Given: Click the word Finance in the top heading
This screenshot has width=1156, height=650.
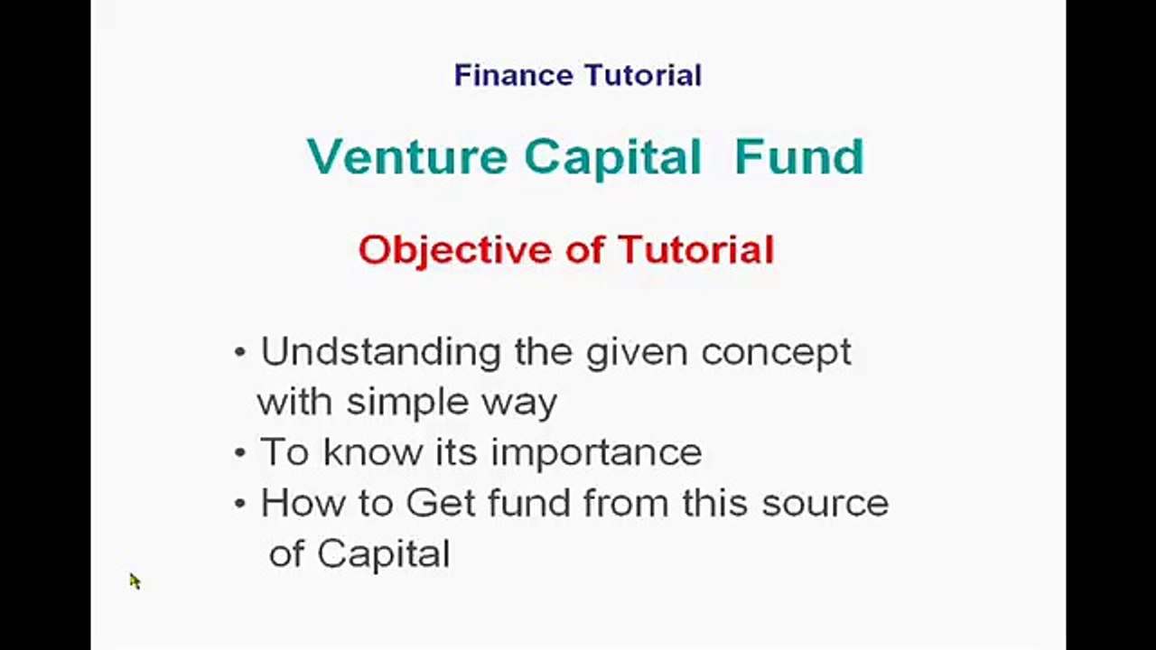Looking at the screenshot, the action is (514, 75).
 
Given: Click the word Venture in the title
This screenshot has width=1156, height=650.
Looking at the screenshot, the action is (407, 157).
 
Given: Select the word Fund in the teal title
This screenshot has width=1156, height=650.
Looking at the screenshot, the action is (799, 157).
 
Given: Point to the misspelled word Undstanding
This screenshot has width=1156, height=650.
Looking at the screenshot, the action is (381, 353).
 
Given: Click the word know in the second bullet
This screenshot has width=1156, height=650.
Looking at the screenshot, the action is (373, 452).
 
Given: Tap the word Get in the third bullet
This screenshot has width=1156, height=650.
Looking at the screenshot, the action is (440, 503).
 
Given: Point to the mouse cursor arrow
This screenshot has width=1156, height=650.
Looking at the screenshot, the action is (135, 581).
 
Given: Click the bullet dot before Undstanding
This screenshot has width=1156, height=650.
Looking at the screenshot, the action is (239, 353).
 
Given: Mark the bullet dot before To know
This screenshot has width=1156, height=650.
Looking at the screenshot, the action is (239, 453).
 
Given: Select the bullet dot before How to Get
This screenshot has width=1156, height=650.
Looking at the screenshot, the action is (239, 504).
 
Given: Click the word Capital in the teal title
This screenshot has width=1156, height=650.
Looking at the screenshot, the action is (612, 158).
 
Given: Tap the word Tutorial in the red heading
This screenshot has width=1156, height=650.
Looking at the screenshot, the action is (696, 250).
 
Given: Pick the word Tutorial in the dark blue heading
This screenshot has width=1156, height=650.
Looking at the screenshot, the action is (643, 75).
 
